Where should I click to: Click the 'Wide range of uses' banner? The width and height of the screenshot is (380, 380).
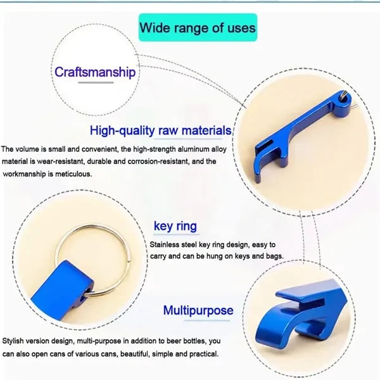click(x=198, y=27)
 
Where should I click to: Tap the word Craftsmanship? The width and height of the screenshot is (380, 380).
click(x=95, y=72)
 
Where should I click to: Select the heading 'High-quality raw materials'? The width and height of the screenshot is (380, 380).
click(x=160, y=130)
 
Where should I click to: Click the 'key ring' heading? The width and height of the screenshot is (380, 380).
click(x=175, y=226)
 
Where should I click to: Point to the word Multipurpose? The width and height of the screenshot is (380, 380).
click(x=198, y=310)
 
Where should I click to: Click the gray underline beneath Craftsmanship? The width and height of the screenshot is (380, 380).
click(x=96, y=82)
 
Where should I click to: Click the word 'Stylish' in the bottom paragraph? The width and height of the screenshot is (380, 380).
click(x=13, y=341)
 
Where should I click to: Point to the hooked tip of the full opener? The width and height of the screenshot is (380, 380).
click(x=257, y=179)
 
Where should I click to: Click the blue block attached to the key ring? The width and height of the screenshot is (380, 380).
click(x=62, y=290)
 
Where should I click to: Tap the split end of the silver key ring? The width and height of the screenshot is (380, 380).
click(x=129, y=260)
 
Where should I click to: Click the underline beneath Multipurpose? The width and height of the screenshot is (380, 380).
click(x=206, y=320)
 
